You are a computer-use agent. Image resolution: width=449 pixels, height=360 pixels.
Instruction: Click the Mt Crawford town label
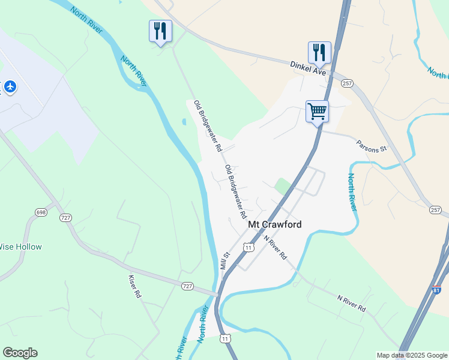(274, 224)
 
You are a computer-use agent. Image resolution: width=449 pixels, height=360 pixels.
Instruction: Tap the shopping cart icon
(317, 112)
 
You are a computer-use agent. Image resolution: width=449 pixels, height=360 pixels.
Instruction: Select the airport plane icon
(10, 86)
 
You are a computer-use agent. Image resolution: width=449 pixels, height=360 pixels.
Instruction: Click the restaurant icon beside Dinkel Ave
(319, 53)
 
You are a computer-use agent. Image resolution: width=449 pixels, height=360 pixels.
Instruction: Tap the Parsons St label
(371, 146)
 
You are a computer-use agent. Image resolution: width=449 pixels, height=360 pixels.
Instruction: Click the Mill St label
(226, 260)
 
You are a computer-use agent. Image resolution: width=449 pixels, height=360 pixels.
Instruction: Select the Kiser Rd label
(134, 286)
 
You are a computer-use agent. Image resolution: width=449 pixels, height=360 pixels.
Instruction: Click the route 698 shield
(41, 212)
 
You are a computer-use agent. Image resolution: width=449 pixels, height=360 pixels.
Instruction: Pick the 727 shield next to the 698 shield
(65, 218)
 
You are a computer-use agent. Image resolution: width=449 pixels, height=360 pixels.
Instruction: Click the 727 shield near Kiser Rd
(187, 286)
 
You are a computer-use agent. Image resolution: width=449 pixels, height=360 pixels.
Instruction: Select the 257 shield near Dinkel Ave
(347, 83)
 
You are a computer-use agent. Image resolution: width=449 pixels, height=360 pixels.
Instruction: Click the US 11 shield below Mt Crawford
(248, 247)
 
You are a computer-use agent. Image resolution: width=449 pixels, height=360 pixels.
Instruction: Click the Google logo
(20, 353)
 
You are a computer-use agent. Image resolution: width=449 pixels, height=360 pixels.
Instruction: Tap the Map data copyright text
(412, 355)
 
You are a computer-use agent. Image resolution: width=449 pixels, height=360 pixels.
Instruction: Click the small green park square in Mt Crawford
(282, 186)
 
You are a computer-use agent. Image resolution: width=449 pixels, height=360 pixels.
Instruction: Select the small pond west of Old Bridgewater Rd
(183, 122)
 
